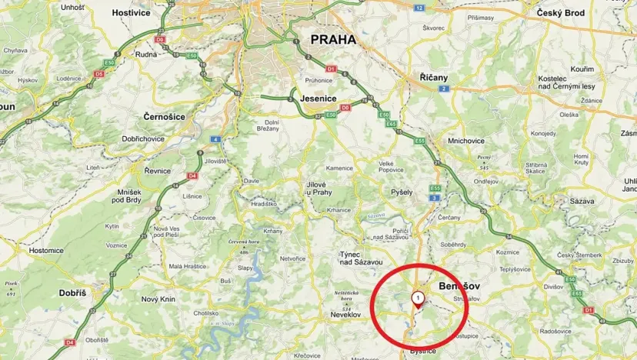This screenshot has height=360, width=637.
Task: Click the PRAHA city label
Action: coord(334,39)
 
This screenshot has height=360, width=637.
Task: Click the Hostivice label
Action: coord(130,13)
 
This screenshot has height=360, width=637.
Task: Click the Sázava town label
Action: coord(582,201)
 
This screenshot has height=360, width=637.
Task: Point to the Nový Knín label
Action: coord(160,298)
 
